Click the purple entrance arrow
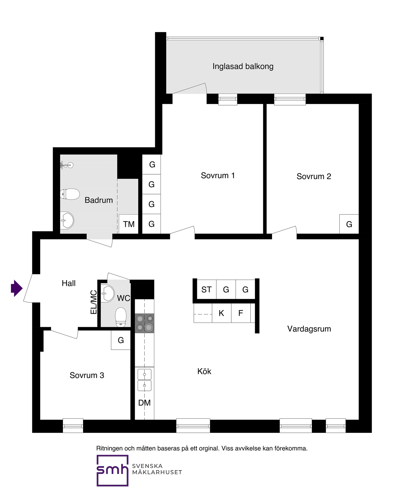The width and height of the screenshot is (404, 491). [x=17, y=288]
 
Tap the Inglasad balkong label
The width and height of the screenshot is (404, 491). [x=243, y=66]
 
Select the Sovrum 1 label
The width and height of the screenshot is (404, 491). [x=218, y=176]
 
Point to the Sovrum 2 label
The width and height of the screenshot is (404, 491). [x=314, y=176]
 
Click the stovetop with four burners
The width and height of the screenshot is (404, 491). [x=145, y=323]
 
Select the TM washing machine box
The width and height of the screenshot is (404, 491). [x=129, y=224]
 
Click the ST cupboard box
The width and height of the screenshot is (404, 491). [x=207, y=289]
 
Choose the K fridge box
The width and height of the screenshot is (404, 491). [x=222, y=313]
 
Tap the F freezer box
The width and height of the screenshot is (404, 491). [x=241, y=313]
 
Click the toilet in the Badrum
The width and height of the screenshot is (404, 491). [x=70, y=194]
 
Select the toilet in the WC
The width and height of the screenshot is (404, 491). [x=121, y=317]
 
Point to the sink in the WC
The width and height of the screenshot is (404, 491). [x=108, y=294]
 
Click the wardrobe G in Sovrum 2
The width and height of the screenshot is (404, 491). [x=349, y=224]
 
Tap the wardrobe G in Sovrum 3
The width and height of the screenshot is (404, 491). [x=121, y=340]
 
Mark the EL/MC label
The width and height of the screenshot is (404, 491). [x=93, y=302]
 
